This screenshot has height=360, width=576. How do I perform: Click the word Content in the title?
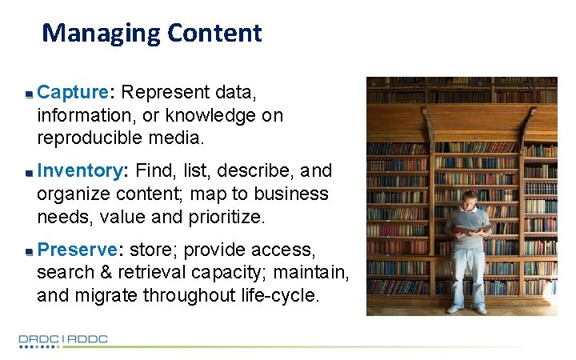pos(214,33)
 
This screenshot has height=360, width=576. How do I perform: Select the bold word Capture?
pos(73,93)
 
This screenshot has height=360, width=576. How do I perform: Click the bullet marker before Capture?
pos(28,94)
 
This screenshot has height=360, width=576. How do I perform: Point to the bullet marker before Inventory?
pos(28,172)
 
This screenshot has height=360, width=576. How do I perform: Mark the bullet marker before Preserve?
pos(28,250)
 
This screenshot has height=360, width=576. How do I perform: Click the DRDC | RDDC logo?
pos(63,339)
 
